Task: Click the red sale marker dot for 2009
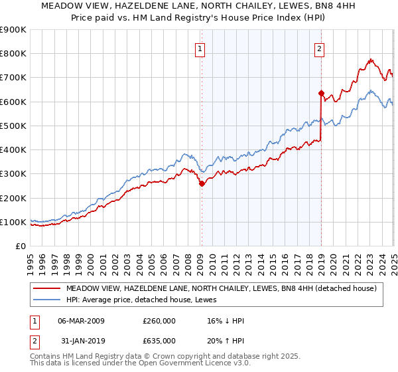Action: tap(202, 184)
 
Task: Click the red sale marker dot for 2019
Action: tap(321, 93)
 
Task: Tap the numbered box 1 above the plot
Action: tap(200, 48)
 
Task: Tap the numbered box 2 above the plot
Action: tap(319, 48)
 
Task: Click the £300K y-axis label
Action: tap(13, 174)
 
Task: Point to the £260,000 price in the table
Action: tap(159, 321)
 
